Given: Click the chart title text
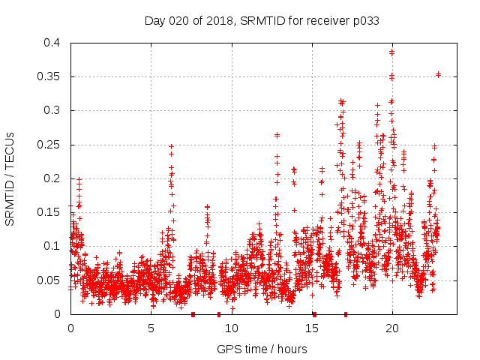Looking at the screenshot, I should pyautogui.click(x=262, y=21).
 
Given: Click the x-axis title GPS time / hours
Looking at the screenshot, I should pyautogui.click(x=262, y=349).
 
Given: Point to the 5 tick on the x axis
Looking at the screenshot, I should pyautogui.click(x=151, y=328).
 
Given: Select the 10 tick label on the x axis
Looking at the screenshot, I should pyautogui.click(x=231, y=328).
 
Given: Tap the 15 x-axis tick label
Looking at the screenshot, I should pyautogui.click(x=311, y=328).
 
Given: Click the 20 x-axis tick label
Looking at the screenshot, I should pyautogui.click(x=391, y=328).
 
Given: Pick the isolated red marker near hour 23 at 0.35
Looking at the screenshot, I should pyautogui.click(x=438, y=74).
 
